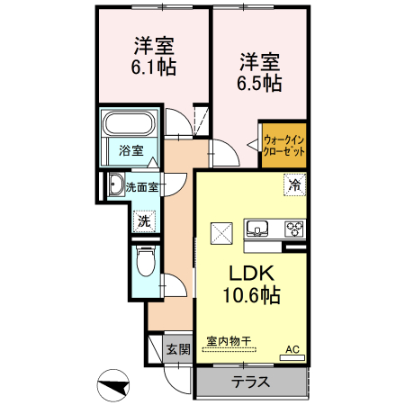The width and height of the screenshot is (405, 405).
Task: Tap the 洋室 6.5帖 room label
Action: pos(259,73)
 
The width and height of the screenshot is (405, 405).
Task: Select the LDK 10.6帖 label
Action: pos(250,283)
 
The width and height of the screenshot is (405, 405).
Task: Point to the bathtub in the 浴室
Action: pos(131,124)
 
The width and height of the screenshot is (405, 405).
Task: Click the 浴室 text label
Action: pos(131,150)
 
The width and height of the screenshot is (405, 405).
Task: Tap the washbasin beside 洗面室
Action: pos(115,186)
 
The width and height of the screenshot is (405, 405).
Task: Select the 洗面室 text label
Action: pos(142,187)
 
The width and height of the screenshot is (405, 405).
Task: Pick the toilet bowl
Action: pos(145,264)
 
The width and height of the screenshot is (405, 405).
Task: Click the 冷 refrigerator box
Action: pos(294,184)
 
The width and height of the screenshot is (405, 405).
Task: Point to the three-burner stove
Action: pos(295,226)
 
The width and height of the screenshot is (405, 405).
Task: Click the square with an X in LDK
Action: pos(221,232)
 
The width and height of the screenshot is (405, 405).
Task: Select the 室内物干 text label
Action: pos(229,342)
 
